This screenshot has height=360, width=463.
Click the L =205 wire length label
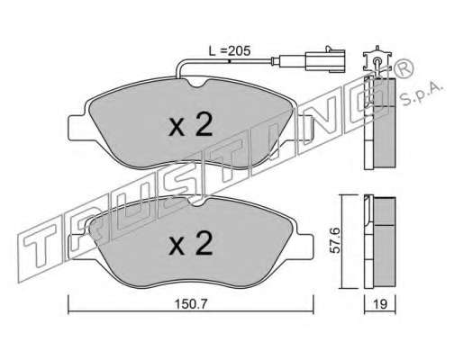point(230,51)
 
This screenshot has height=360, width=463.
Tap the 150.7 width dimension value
point(191,304)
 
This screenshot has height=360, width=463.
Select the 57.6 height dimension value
point(334,240)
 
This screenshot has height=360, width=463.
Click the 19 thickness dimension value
point(380,304)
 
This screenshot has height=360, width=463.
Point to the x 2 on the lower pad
point(191,243)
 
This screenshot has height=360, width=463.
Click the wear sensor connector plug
point(325,60)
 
